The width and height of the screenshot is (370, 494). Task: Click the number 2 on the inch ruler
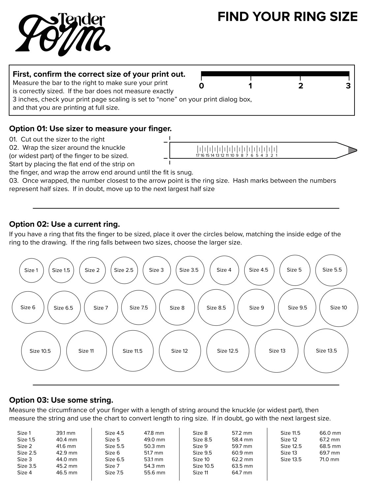coord(300,86)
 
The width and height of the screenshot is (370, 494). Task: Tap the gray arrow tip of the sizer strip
coord(352,150)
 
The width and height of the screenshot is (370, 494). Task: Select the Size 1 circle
coord(31,270)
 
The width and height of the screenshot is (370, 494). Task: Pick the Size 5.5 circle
coord(332,270)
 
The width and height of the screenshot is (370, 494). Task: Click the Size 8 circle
coord(177,308)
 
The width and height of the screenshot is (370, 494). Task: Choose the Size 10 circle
coord(339,308)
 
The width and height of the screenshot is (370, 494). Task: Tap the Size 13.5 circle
coord(326,351)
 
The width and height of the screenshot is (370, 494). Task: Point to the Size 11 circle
coord(86,351)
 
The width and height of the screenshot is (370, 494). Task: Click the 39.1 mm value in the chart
coord(66,433)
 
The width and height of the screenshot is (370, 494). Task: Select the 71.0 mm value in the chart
coord(329,459)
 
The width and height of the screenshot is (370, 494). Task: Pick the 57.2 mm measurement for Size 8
coord(242,433)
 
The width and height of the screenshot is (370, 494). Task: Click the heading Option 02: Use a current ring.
coord(64,224)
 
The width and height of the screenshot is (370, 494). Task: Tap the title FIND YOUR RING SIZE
coord(288,17)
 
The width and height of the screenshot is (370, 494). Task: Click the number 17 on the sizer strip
coord(198,155)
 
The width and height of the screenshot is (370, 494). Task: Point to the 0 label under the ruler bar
coord(201,86)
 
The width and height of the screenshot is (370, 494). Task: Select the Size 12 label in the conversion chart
coord(289,440)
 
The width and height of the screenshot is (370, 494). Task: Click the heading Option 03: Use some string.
coord(61,400)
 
